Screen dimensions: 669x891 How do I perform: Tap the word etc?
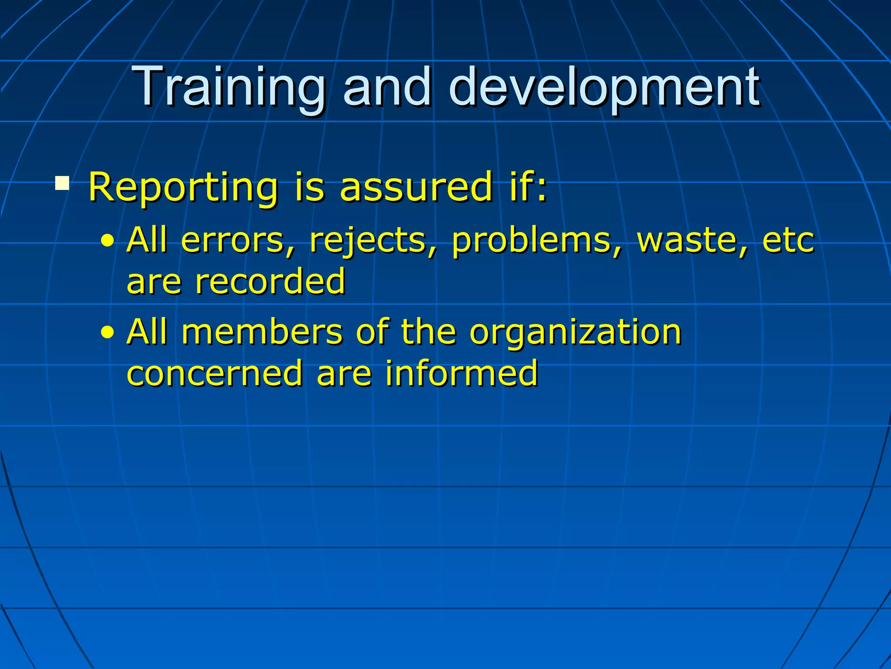pos(788,241)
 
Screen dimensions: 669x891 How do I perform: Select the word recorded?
pos(270,282)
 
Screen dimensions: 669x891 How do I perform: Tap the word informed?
pos(462,374)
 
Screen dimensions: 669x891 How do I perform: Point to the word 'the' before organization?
pos(429,332)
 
